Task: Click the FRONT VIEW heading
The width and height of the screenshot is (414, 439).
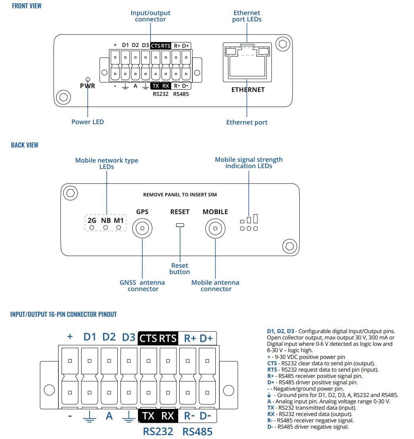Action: click(x=27, y=6)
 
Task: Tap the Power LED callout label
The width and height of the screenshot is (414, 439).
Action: click(x=88, y=122)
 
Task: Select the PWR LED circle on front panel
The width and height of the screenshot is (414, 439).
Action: click(x=88, y=79)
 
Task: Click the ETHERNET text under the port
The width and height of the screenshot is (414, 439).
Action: click(x=248, y=90)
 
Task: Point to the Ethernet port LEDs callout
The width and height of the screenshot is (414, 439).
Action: click(x=247, y=16)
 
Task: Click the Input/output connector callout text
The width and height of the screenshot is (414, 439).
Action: click(x=150, y=16)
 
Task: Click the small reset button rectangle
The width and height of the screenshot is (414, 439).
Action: click(x=180, y=225)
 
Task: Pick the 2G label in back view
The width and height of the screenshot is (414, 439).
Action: click(x=92, y=220)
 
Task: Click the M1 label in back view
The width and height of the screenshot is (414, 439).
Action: click(x=119, y=220)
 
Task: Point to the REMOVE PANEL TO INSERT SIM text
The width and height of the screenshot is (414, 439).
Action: click(x=180, y=195)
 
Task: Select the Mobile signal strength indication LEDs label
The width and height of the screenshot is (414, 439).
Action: click(x=249, y=163)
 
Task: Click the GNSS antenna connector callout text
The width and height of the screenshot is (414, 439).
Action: click(x=142, y=286)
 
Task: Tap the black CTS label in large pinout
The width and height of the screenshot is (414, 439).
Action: click(x=148, y=338)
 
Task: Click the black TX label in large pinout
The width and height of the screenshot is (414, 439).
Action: click(x=148, y=416)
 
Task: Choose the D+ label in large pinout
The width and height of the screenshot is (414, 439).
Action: click(x=206, y=338)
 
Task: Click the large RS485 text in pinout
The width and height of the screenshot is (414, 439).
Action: click(x=197, y=431)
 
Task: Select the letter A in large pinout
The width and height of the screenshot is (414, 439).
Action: click(x=109, y=416)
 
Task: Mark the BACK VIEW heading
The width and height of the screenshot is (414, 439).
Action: click(x=25, y=145)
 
